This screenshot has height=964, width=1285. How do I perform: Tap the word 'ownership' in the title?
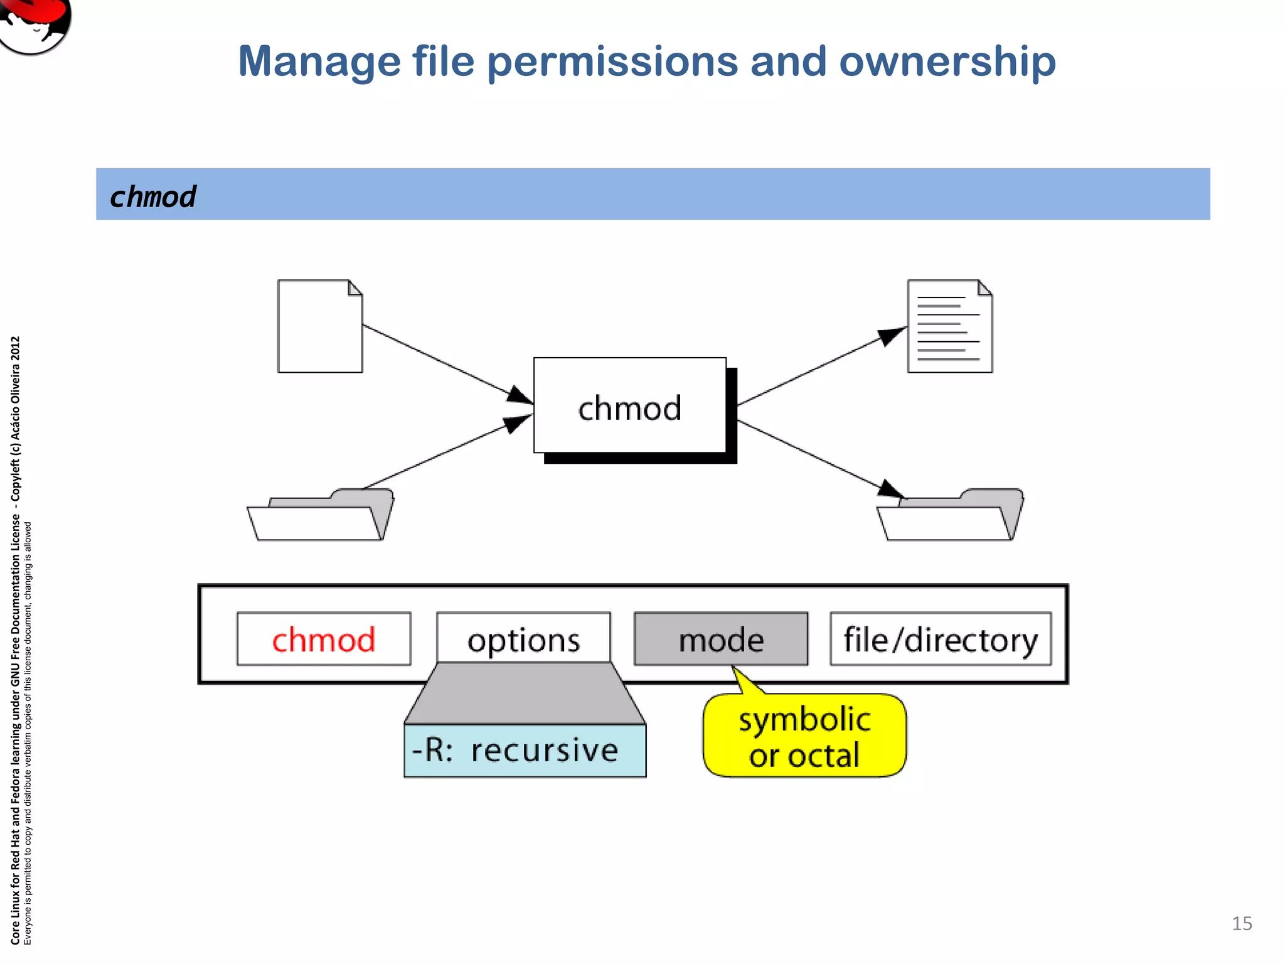tap(947, 62)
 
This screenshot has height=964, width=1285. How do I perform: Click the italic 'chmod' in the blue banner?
tap(152, 196)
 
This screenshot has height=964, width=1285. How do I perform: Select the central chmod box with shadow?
tap(630, 407)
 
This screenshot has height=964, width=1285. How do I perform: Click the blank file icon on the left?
tap(320, 326)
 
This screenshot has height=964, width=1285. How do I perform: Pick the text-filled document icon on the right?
tap(950, 326)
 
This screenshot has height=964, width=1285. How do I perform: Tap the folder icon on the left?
tap(320, 515)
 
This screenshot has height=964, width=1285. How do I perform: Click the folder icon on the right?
tap(949, 515)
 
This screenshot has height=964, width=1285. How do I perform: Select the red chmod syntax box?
tap(324, 640)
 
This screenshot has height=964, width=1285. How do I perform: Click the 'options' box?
tap(523, 638)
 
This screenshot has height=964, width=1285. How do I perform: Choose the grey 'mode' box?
tap(721, 640)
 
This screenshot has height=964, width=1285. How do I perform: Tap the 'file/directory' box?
tap(940, 640)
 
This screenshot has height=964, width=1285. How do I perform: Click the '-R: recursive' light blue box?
tap(525, 751)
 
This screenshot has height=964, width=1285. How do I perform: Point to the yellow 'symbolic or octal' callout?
tap(804, 736)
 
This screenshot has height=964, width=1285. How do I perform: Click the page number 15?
tap(1242, 923)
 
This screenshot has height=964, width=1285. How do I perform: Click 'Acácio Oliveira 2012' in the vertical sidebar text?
tap(15, 389)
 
